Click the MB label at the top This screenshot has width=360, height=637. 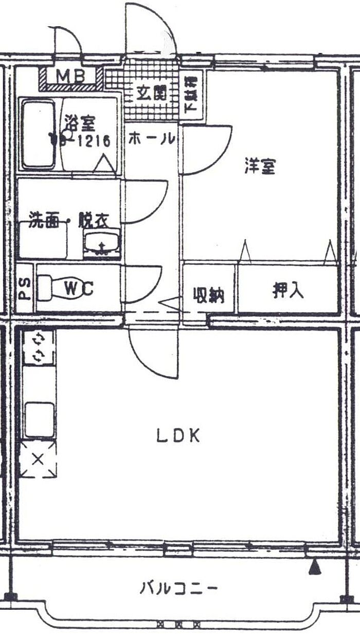(70, 76)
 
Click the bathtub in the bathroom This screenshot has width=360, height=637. (39, 134)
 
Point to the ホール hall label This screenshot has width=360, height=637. (151, 139)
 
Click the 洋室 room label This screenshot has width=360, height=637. (260, 166)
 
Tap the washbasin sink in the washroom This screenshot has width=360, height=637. (102, 244)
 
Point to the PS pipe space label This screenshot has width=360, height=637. (24, 288)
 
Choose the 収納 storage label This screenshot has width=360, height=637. (209, 295)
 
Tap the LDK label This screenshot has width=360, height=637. (177, 436)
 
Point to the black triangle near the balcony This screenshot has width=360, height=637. (315, 567)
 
